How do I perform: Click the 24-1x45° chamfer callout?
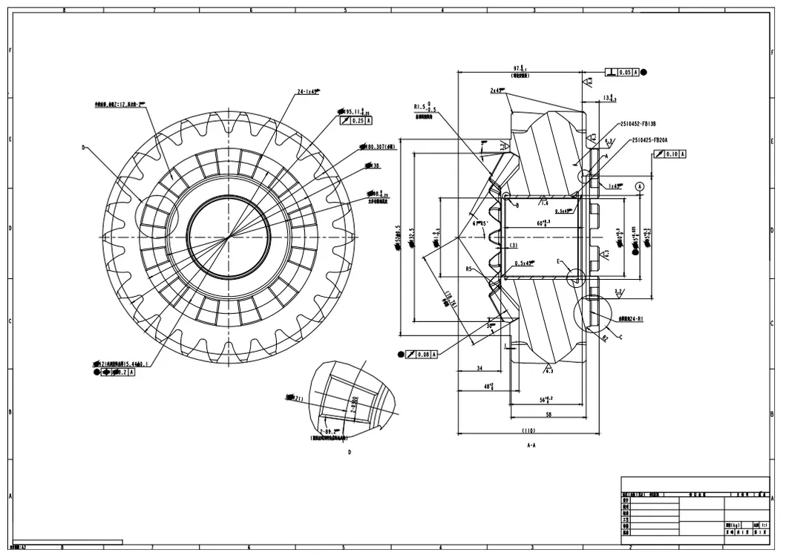[x=308, y=92]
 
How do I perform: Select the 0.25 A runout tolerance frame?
[x=359, y=120]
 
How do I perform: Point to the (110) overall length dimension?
[x=528, y=430]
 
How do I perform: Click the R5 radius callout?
[x=469, y=269]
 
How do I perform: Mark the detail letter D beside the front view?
[x=84, y=148]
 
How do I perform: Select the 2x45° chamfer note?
[x=497, y=90]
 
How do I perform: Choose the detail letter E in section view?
[x=560, y=261]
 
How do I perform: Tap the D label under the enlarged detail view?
[x=349, y=452]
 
